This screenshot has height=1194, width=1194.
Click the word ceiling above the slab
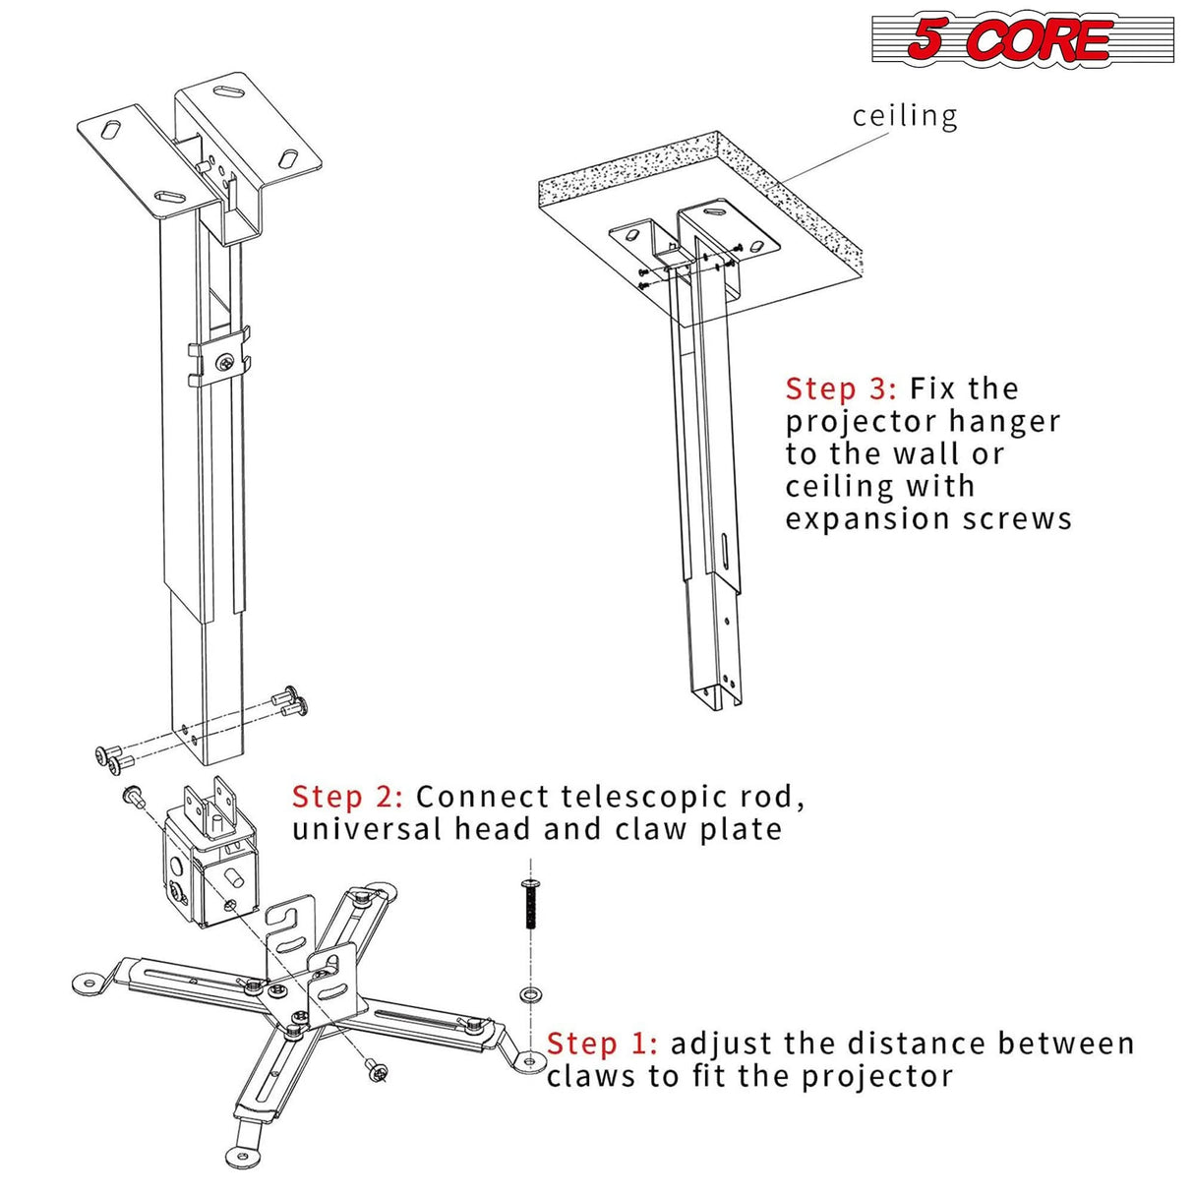tap(904, 116)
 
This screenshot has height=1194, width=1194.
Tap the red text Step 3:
tap(840, 388)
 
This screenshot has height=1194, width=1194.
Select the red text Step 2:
tap(347, 797)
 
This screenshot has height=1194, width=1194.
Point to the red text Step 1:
tap(602, 1044)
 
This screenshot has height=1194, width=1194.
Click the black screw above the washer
tap(529, 904)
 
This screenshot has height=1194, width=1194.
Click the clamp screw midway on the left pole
tap(227, 363)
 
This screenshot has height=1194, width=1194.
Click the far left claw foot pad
tap(89, 983)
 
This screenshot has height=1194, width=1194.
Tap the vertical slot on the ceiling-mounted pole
tap(723, 552)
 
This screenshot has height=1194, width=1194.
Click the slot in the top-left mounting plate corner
tap(114, 130)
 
